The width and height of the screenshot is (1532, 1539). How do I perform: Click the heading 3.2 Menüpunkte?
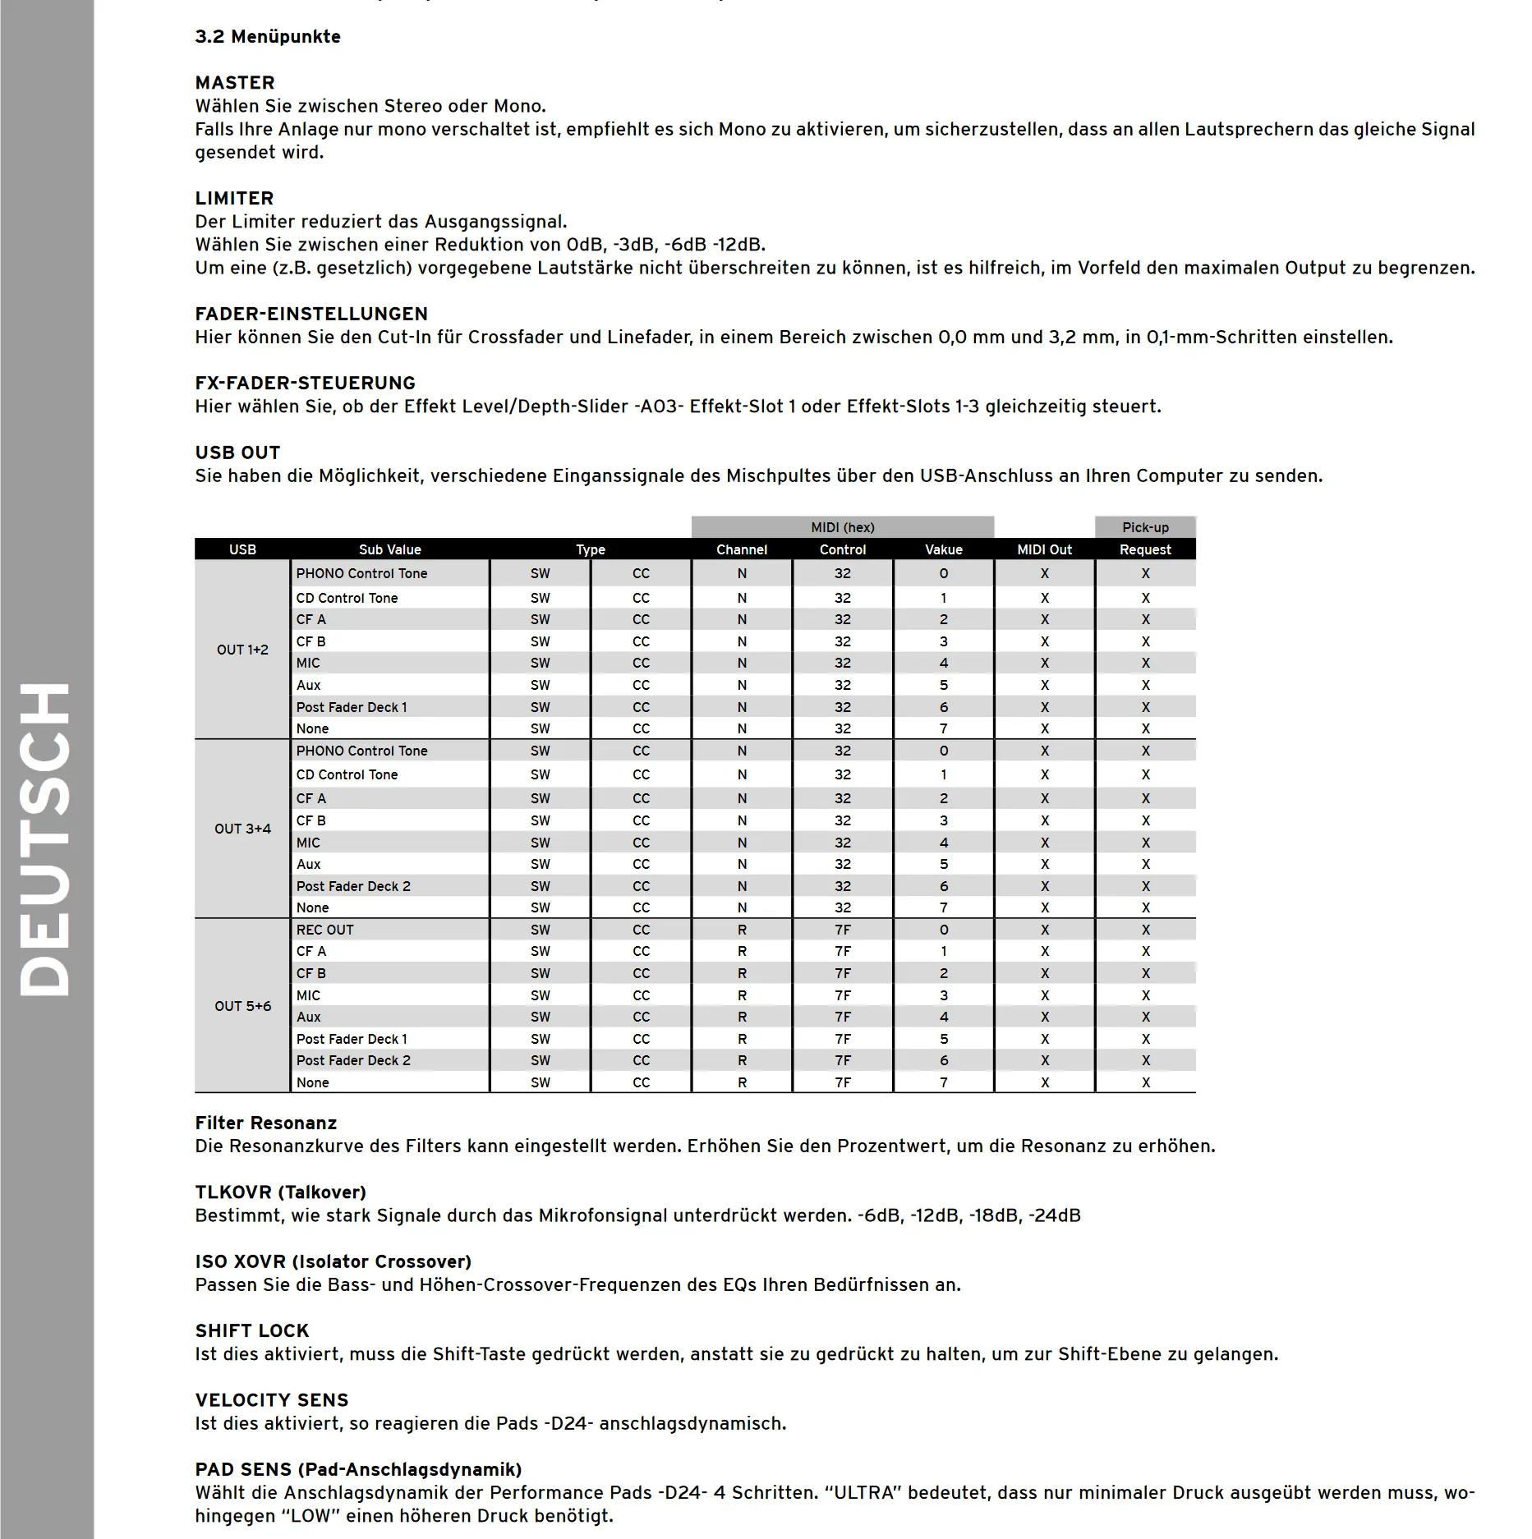pyautogui.click(x=267, y=37)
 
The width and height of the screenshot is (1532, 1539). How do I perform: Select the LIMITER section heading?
pyautogui.click(x=234, y=198)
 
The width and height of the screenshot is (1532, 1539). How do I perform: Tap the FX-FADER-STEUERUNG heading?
pyautogui.click(x=305, y=383)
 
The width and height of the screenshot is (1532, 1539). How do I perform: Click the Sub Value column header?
pyautogui.click(x=389, y=549)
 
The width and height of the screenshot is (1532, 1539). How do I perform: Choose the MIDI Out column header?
pyautogui.click(x=1044, y=549)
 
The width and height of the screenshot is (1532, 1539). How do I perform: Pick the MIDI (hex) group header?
pyautogui.click(x=842, y=527)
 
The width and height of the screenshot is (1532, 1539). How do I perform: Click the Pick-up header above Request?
pyautogui.click(x=1145, y=527)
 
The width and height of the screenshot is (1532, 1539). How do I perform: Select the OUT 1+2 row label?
pyautogui.click(x=242, y=650)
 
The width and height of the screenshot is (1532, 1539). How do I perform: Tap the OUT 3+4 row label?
pyautogui.click(x=242, y=829)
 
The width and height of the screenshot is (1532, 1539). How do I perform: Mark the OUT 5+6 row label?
pyautogui.click(x=242, y=1006)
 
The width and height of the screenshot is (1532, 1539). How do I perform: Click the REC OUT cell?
pyautogui.click(x=325, y=930)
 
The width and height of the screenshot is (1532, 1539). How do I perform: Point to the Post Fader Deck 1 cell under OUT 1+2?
pyautogui.click(x=352, y=707)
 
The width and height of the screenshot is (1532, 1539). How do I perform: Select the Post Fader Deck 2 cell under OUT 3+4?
pyautogui.click(x=353, y=886)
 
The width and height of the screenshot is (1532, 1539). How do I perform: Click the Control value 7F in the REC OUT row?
pyautogui.click(x=843, y=930)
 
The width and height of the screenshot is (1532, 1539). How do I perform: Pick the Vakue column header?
pyautogui.click(x=943, y=549)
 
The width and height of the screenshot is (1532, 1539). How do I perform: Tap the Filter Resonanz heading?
pyautogui.click(x=265, y=1123)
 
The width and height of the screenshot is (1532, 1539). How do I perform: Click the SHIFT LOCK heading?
pyautogui.click(x=251, y=1330)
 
